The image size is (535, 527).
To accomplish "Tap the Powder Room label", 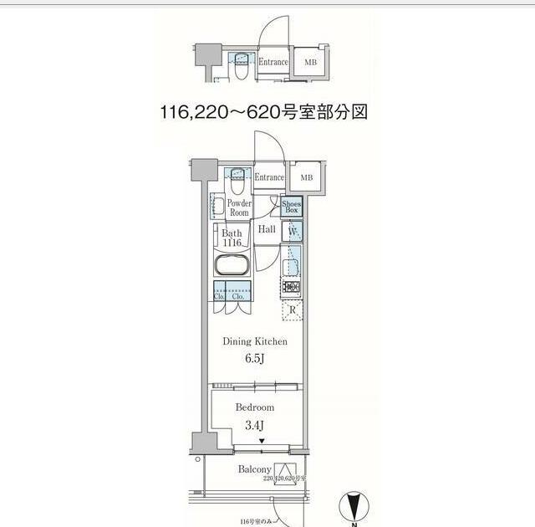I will click(239, 207).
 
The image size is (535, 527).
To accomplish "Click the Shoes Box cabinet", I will click(292, 207).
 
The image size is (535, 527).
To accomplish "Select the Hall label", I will click(267, 229).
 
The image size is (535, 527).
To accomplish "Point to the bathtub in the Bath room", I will click(231, 266).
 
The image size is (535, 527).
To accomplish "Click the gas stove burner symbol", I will click(292, 288).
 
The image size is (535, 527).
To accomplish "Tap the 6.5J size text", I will click(254, 359).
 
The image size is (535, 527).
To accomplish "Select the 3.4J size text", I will click(254, 425).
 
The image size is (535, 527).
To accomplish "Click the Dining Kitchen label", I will click(254, 341).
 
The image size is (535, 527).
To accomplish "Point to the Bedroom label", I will click(254, 407).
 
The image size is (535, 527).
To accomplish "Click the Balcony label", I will click(254, 470).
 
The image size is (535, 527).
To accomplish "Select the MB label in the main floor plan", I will click(307, 177).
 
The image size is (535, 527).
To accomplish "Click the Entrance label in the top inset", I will click(273, 62).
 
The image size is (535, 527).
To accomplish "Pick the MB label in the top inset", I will click(310, 62).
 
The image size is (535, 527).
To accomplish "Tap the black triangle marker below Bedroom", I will click(261, 442).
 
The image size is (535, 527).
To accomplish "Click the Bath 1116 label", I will click(232, 238).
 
